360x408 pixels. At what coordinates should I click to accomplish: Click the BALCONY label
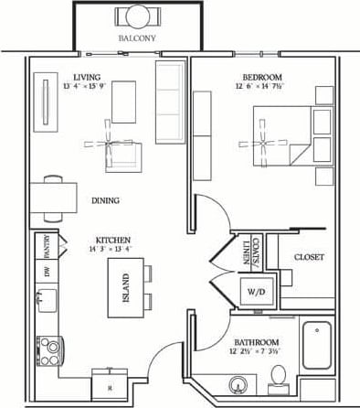(137, 38)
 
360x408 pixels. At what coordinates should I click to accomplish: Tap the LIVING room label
(87, 77)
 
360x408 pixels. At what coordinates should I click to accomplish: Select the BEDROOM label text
(262, 77)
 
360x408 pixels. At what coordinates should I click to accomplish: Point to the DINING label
(105, 200)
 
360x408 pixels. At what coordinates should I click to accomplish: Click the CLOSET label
(309, 257)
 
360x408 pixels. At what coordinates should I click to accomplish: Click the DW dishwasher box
(48, 272)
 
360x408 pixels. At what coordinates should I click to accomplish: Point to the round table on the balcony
(137, 16)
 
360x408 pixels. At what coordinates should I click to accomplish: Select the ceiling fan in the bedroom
(262, 144)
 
